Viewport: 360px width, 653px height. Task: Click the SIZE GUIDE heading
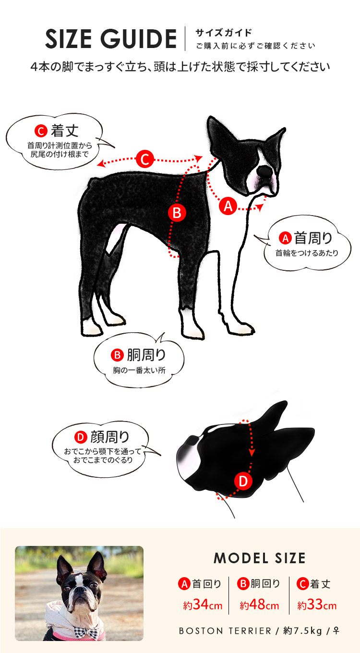[110, 39]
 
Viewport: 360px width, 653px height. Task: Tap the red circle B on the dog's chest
[177, 213]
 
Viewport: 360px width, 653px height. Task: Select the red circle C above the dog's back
[144, 159]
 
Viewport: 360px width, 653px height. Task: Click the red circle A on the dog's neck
[228, 206]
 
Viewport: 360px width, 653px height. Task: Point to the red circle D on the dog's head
[243, 481]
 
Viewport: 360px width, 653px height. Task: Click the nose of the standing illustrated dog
[264, 171]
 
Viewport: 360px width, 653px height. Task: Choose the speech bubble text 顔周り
[110, 437]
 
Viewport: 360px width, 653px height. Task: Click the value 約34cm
[202, 605]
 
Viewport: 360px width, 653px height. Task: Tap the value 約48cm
[259, 605]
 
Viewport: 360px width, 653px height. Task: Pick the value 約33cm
[316, 605]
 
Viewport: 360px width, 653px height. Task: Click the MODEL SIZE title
[259, 558]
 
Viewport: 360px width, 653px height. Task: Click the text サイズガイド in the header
[223, 33]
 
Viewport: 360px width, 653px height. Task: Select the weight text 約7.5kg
[302, 631]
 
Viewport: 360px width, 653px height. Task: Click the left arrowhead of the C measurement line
[99, 164]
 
